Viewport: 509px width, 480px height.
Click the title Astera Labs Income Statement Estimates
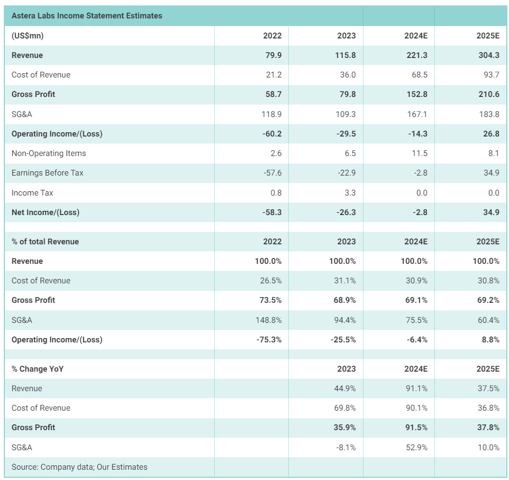(x=87, y=16)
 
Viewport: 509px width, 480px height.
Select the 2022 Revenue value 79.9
(x=272, y=55)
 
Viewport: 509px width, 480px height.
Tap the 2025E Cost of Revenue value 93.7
(x=490, y=75)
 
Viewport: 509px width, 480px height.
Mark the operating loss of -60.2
(x=271, y=134)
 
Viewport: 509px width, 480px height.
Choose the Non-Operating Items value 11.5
(x=419, y=153)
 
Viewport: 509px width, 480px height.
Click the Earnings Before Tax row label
(x=48, y=173)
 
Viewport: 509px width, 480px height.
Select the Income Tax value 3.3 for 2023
(x=350, y=193)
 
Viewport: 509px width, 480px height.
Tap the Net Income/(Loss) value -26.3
(x=346, y=212)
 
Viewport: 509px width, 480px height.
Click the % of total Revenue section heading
(x=45, y=242)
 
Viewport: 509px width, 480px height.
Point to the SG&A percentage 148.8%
(x=268, y=320)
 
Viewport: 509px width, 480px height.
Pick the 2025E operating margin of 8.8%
(x=490, y=340)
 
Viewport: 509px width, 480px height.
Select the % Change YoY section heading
(x=37, y=369)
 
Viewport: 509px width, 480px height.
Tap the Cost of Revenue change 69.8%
(x=344, y=408)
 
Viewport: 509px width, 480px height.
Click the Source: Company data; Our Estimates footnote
(x=79, y=467)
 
